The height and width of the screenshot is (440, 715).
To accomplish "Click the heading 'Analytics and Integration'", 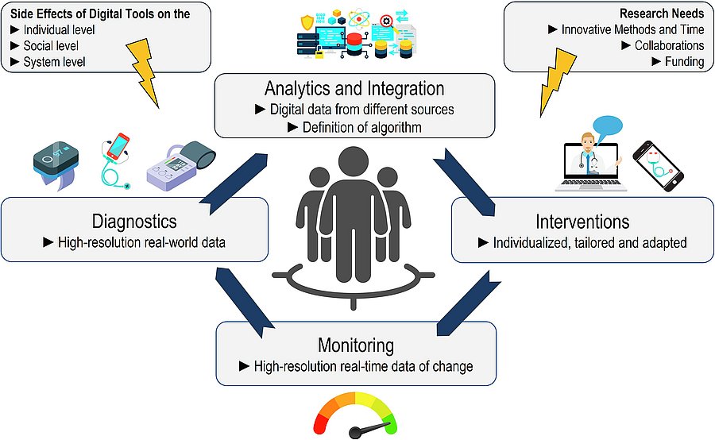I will click(x=354, y=88).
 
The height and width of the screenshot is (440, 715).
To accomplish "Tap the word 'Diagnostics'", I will click(x=133, y=220).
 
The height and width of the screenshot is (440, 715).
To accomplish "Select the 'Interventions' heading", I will click(x=582, y=221).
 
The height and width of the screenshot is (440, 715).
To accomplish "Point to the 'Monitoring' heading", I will click(x=355, y=345).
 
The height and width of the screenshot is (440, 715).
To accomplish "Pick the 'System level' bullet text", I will click(x=54, y=61).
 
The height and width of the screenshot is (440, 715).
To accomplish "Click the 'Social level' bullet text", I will click(x=51, y=45).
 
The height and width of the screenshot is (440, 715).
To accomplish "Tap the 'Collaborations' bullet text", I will click(x=669, y=45).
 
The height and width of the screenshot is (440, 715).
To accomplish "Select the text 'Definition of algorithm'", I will click(x=361, y=126).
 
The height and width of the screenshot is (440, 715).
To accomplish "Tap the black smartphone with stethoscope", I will click(x=659, y=168).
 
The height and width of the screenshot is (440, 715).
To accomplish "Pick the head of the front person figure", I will click(x=355, y=164).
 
